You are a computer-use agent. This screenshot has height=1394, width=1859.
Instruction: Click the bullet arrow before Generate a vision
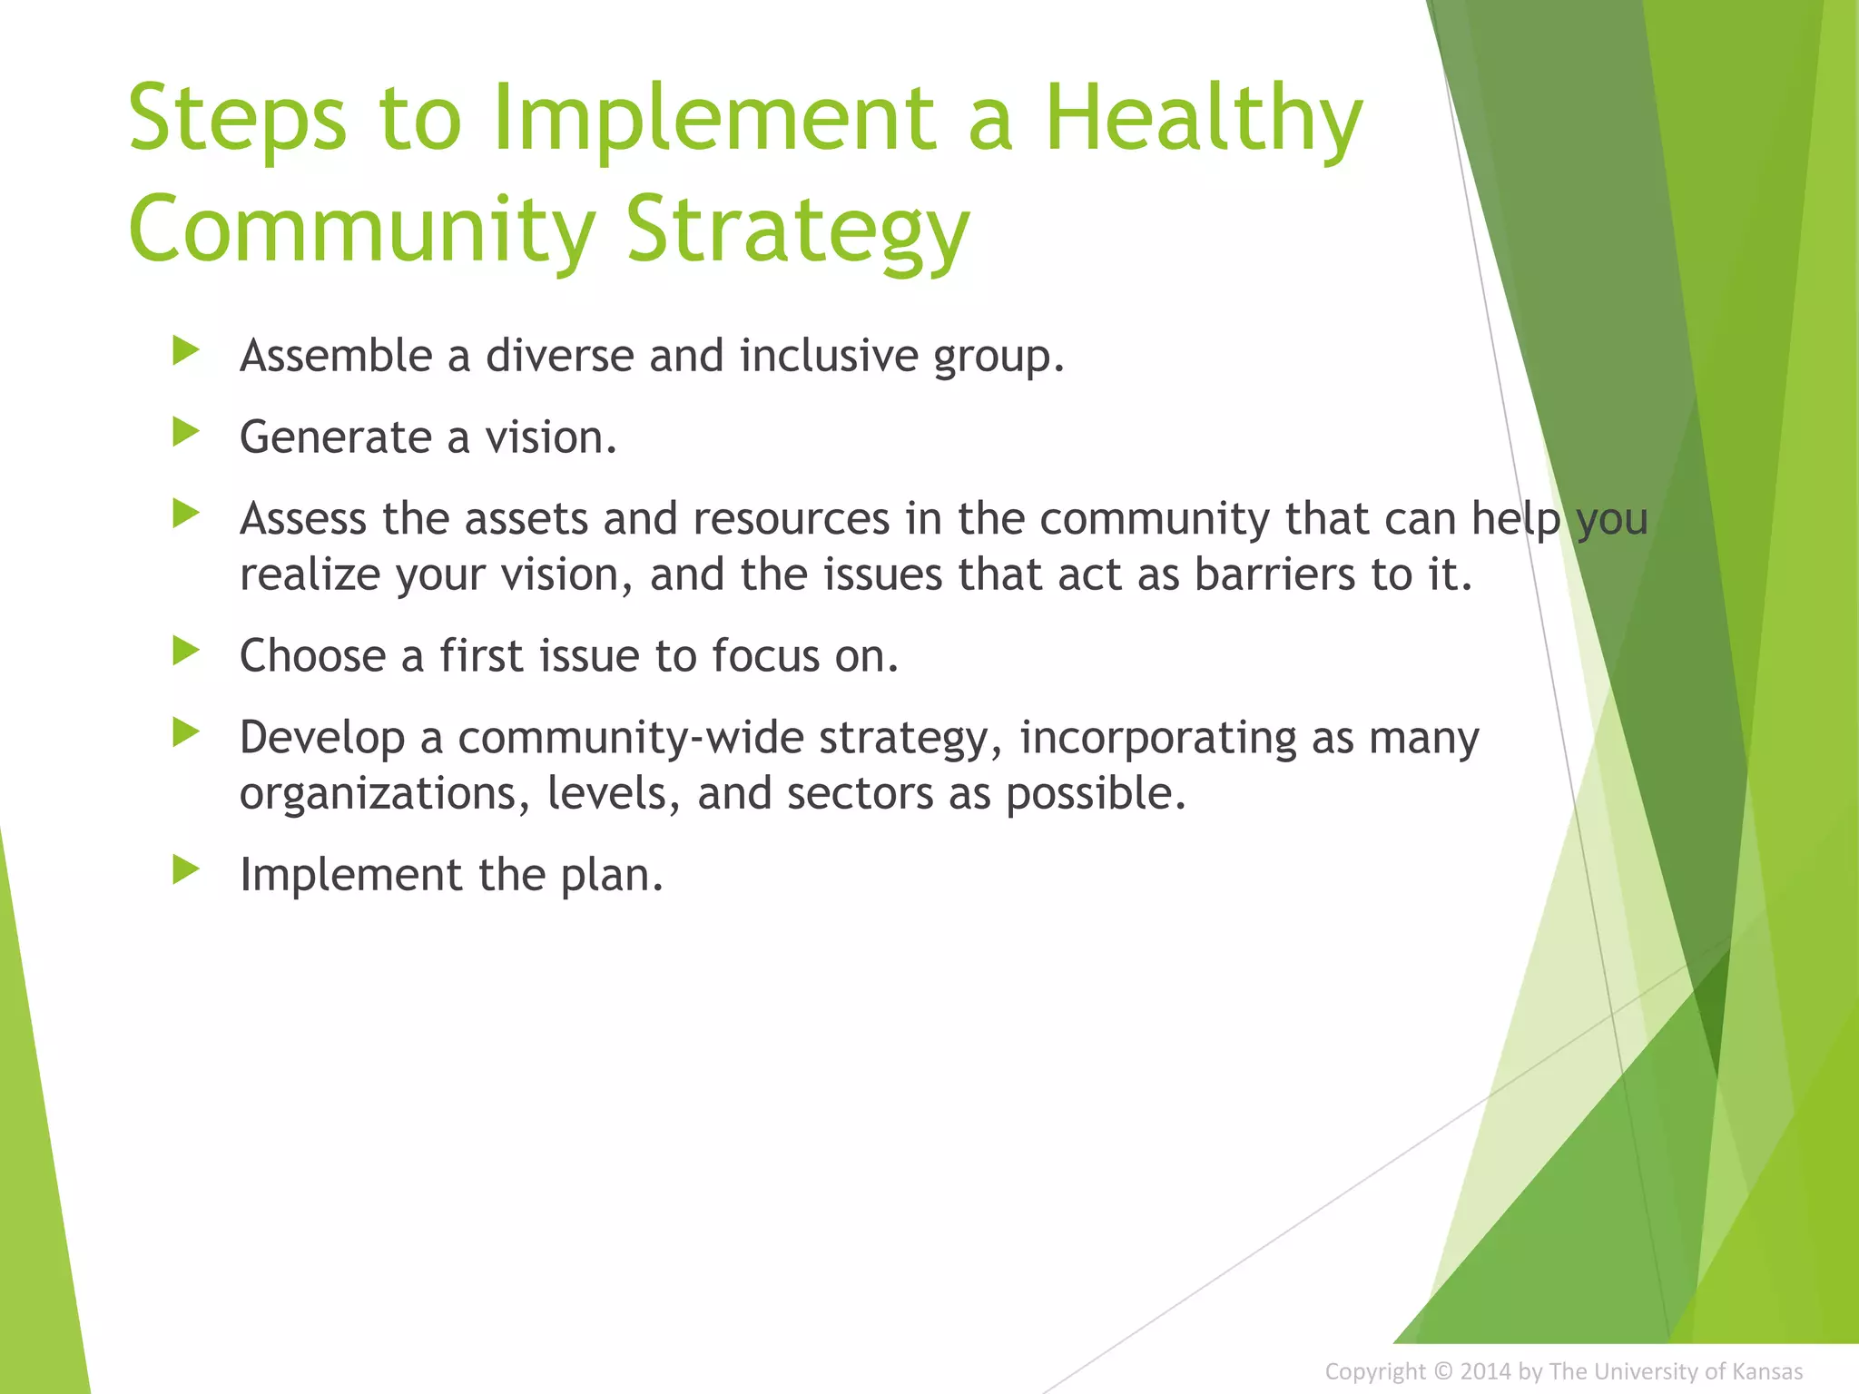(x=185, y=432)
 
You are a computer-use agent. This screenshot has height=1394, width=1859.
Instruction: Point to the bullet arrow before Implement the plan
(x=185, y=869)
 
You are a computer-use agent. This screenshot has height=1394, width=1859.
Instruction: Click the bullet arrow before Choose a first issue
(x=185, y=651)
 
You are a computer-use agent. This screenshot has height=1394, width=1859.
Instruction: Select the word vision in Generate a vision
(x=550, y=437)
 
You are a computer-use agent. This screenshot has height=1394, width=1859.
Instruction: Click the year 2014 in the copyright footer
(x=1485, y=1371)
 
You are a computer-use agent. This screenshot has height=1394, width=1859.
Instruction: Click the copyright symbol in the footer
(x=1442, y=1371)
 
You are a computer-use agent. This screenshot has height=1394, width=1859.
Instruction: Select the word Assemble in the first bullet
(x=336, y=355)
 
